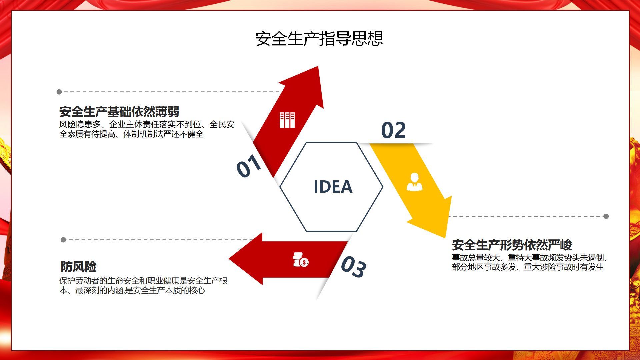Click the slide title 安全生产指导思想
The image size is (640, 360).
(x=319, y=39)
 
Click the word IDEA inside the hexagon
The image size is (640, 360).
(x=333, y=187)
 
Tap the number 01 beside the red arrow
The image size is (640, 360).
(x=249, y=166)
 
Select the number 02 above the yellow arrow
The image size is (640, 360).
(x=393, y=130)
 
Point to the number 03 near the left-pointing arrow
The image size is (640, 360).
(x=354, y=267)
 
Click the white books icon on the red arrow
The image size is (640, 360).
(x=287, y=120)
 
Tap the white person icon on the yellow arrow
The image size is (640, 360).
(x=414, y=182)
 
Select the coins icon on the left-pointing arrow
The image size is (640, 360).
(x=301, y=260)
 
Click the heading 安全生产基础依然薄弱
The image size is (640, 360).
(x=119, y=112)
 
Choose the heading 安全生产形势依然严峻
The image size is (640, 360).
(x=512, y=245)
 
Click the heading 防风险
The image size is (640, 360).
(x=78, y=267)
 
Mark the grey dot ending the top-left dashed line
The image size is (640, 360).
(x=59, y=92)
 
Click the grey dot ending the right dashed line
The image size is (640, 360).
(x=606, y=216)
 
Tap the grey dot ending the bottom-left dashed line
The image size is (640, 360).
(x=63, y=240)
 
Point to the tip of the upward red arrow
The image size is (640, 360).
(x=318, y=66)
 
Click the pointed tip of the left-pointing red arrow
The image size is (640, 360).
(x=229, y=259)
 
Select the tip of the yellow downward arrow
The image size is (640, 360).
(x=445, y=238)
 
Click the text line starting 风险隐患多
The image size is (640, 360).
(x=147, y=124)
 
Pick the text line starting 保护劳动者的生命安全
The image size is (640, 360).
(x=143, y=281)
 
